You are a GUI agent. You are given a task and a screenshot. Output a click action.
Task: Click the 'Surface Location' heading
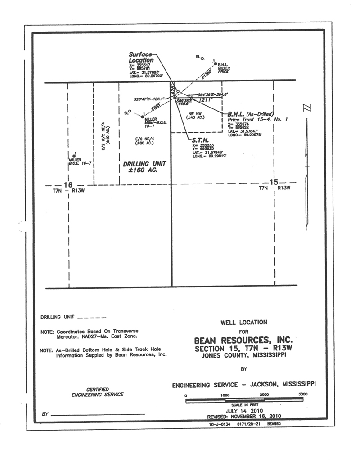coord(140,57)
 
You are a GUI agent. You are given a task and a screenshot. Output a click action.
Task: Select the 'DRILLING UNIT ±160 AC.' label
coord(142,168)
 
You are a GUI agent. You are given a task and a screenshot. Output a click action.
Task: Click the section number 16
coord(68,185)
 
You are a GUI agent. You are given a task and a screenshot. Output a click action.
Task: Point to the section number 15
coord(273,182)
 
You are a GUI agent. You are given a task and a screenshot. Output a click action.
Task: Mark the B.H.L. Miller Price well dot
coord(216,63)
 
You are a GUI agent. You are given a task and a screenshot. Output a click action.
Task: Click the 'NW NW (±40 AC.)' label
coord(197,115)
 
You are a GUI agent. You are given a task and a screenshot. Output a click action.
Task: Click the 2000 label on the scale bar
coord(264,395)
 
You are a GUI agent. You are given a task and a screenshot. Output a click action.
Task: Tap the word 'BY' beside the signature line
coord(45,413)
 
